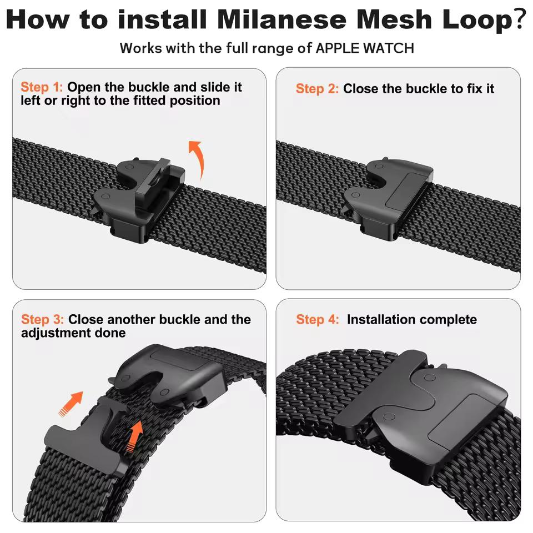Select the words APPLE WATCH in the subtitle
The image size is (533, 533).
click(365, 48)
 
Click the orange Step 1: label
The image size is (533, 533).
click(42, 87)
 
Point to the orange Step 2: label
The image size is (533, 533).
click(317, 89)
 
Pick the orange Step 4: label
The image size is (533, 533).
click(317, 319)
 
